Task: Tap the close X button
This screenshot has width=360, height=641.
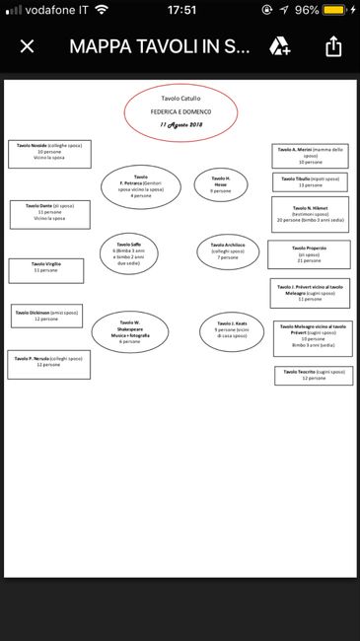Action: [x=27, y=46]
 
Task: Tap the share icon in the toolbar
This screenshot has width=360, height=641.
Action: [x=332, y=46]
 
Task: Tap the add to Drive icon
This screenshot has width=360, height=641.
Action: [x=280, y=46]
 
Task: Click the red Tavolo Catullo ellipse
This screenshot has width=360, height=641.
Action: [x=180, y=111]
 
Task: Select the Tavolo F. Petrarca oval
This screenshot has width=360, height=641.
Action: [x=141, y=186]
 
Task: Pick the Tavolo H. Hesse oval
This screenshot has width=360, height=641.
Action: [x=221, y=183]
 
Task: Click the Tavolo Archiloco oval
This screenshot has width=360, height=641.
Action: [x=228, y=253]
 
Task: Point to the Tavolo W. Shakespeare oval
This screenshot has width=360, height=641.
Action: [x=129, y=332]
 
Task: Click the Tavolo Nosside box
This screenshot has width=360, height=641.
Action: [x=48, y=152]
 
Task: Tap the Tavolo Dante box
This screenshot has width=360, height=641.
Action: [x=48, y=213]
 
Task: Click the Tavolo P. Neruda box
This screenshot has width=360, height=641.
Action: [x=48, y=364]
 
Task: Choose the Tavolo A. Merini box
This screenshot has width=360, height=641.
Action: [x=310, y=155]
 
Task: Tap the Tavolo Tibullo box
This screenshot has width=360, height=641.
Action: [x=310, y=181]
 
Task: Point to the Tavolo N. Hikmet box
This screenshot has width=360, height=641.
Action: [x=310, y=215]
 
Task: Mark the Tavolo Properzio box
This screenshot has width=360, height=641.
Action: [x=309, y=254]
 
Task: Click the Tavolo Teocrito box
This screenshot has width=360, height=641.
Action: [x=314, y=375]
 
